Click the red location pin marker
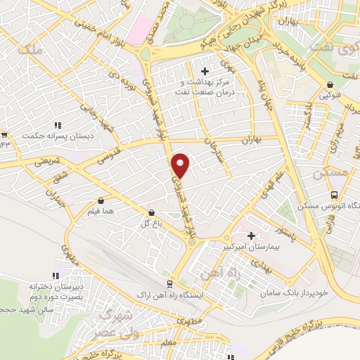coord(181,165)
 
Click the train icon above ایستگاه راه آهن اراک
coord(169,283)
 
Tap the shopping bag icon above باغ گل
coord(152,212)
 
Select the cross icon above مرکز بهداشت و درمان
coord(205,71)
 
